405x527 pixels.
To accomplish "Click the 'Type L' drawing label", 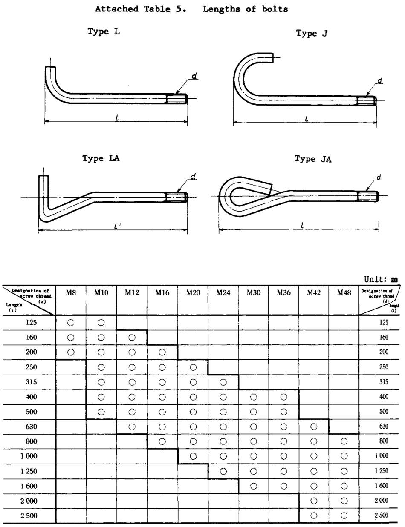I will (104, 32).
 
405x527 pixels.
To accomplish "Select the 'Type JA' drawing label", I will (313, 159).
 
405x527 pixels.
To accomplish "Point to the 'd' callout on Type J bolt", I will (379, 80).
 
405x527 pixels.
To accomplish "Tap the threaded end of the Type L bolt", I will (176, 98).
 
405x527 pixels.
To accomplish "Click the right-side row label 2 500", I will (381, 516).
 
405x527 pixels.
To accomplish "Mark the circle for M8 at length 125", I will (71, 323).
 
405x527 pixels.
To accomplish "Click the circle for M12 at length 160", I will (132, 338).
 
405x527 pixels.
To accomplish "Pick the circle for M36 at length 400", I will (283, 397).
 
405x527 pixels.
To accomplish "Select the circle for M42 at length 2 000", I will (314, 501).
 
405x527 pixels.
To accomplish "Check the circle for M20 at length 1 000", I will (193, 456).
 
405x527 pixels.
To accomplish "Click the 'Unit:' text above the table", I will (374, 279).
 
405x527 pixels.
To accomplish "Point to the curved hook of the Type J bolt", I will (241, 77).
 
